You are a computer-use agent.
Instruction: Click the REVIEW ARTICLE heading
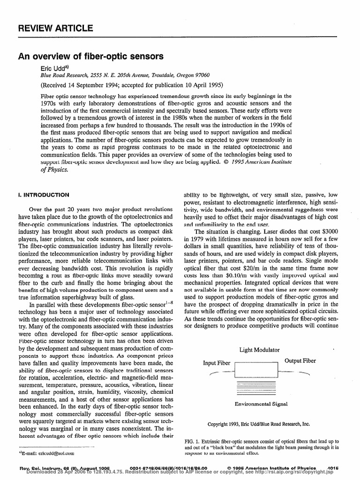point(55,29)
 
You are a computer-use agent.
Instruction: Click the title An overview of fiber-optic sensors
point(90,57)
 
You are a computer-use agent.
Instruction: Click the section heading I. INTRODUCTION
point(44,195)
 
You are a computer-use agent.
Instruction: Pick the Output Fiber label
point(300,360)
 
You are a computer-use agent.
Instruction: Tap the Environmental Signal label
point(261,404)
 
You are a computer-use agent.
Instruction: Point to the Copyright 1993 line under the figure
point(259,424)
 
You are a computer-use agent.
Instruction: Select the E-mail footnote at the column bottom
point(46,454)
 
